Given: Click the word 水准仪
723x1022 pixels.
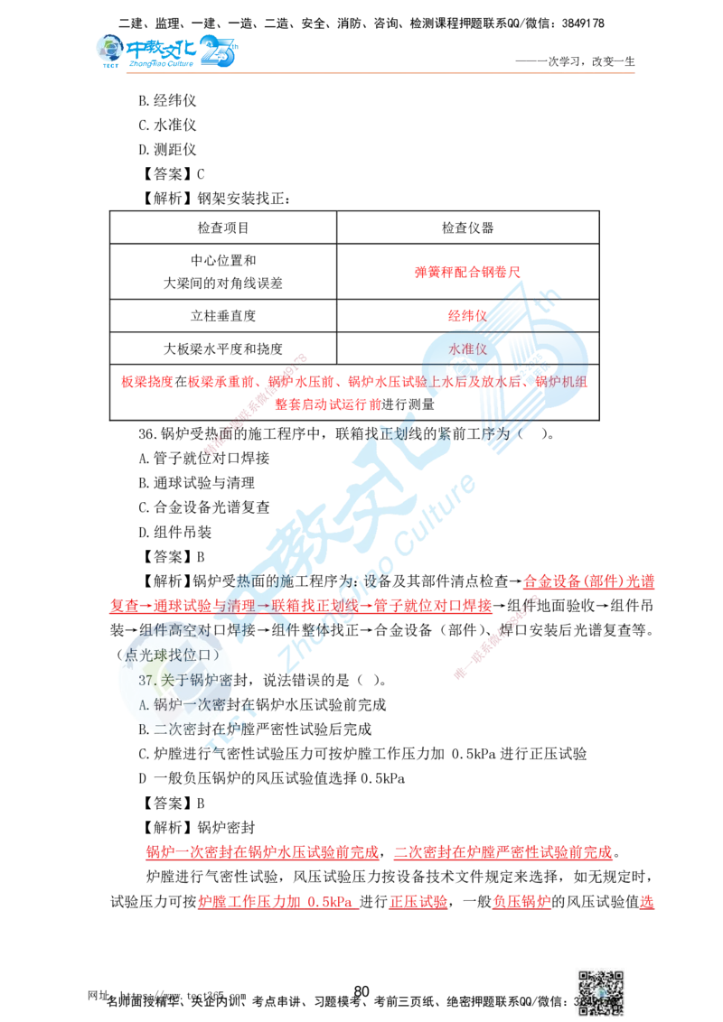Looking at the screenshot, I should (x=467, y=348).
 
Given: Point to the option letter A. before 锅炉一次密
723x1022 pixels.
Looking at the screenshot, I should (x=147, y=702).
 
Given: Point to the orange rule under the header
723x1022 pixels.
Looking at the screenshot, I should (x=380, y=72).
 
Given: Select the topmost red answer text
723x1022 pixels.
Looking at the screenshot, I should (x=466, y=271).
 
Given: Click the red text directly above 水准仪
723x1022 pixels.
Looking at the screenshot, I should (x=466, y=317).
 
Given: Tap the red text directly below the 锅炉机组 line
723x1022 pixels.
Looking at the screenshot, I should (x=328, y=404).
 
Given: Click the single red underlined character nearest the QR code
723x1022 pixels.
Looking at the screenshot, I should (x=646, y=901).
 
